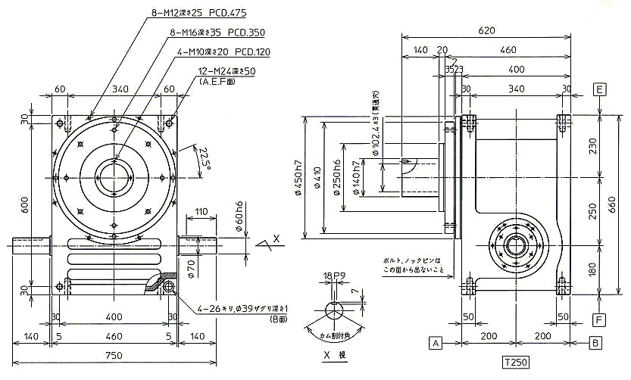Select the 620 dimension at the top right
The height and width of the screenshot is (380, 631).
tap(486, 31)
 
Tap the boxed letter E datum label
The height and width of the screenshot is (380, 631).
tap(599, 89)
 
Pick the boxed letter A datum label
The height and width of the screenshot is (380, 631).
tap(436, 343)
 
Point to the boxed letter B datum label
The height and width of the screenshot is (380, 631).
tap(596, 343)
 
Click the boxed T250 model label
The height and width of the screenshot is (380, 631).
tap(515, 363)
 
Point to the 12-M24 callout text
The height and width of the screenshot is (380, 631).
tap(226, 70)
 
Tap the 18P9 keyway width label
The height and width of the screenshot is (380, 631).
tap(334, 276)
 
